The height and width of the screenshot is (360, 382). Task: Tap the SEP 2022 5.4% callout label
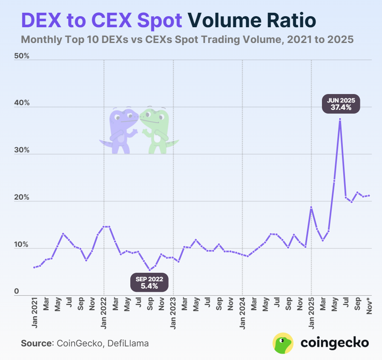point(149,283)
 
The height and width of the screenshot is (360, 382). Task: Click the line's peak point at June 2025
point(340,119)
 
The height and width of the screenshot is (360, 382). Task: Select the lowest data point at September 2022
point(149,270)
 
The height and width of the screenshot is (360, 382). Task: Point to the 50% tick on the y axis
point(21,56)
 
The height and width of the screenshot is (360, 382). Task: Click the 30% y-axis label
point(21,151)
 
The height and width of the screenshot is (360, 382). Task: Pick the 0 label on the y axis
point(17,291)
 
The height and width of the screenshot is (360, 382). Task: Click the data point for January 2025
point(311,207)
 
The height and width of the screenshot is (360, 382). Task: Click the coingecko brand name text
point(335,343)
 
